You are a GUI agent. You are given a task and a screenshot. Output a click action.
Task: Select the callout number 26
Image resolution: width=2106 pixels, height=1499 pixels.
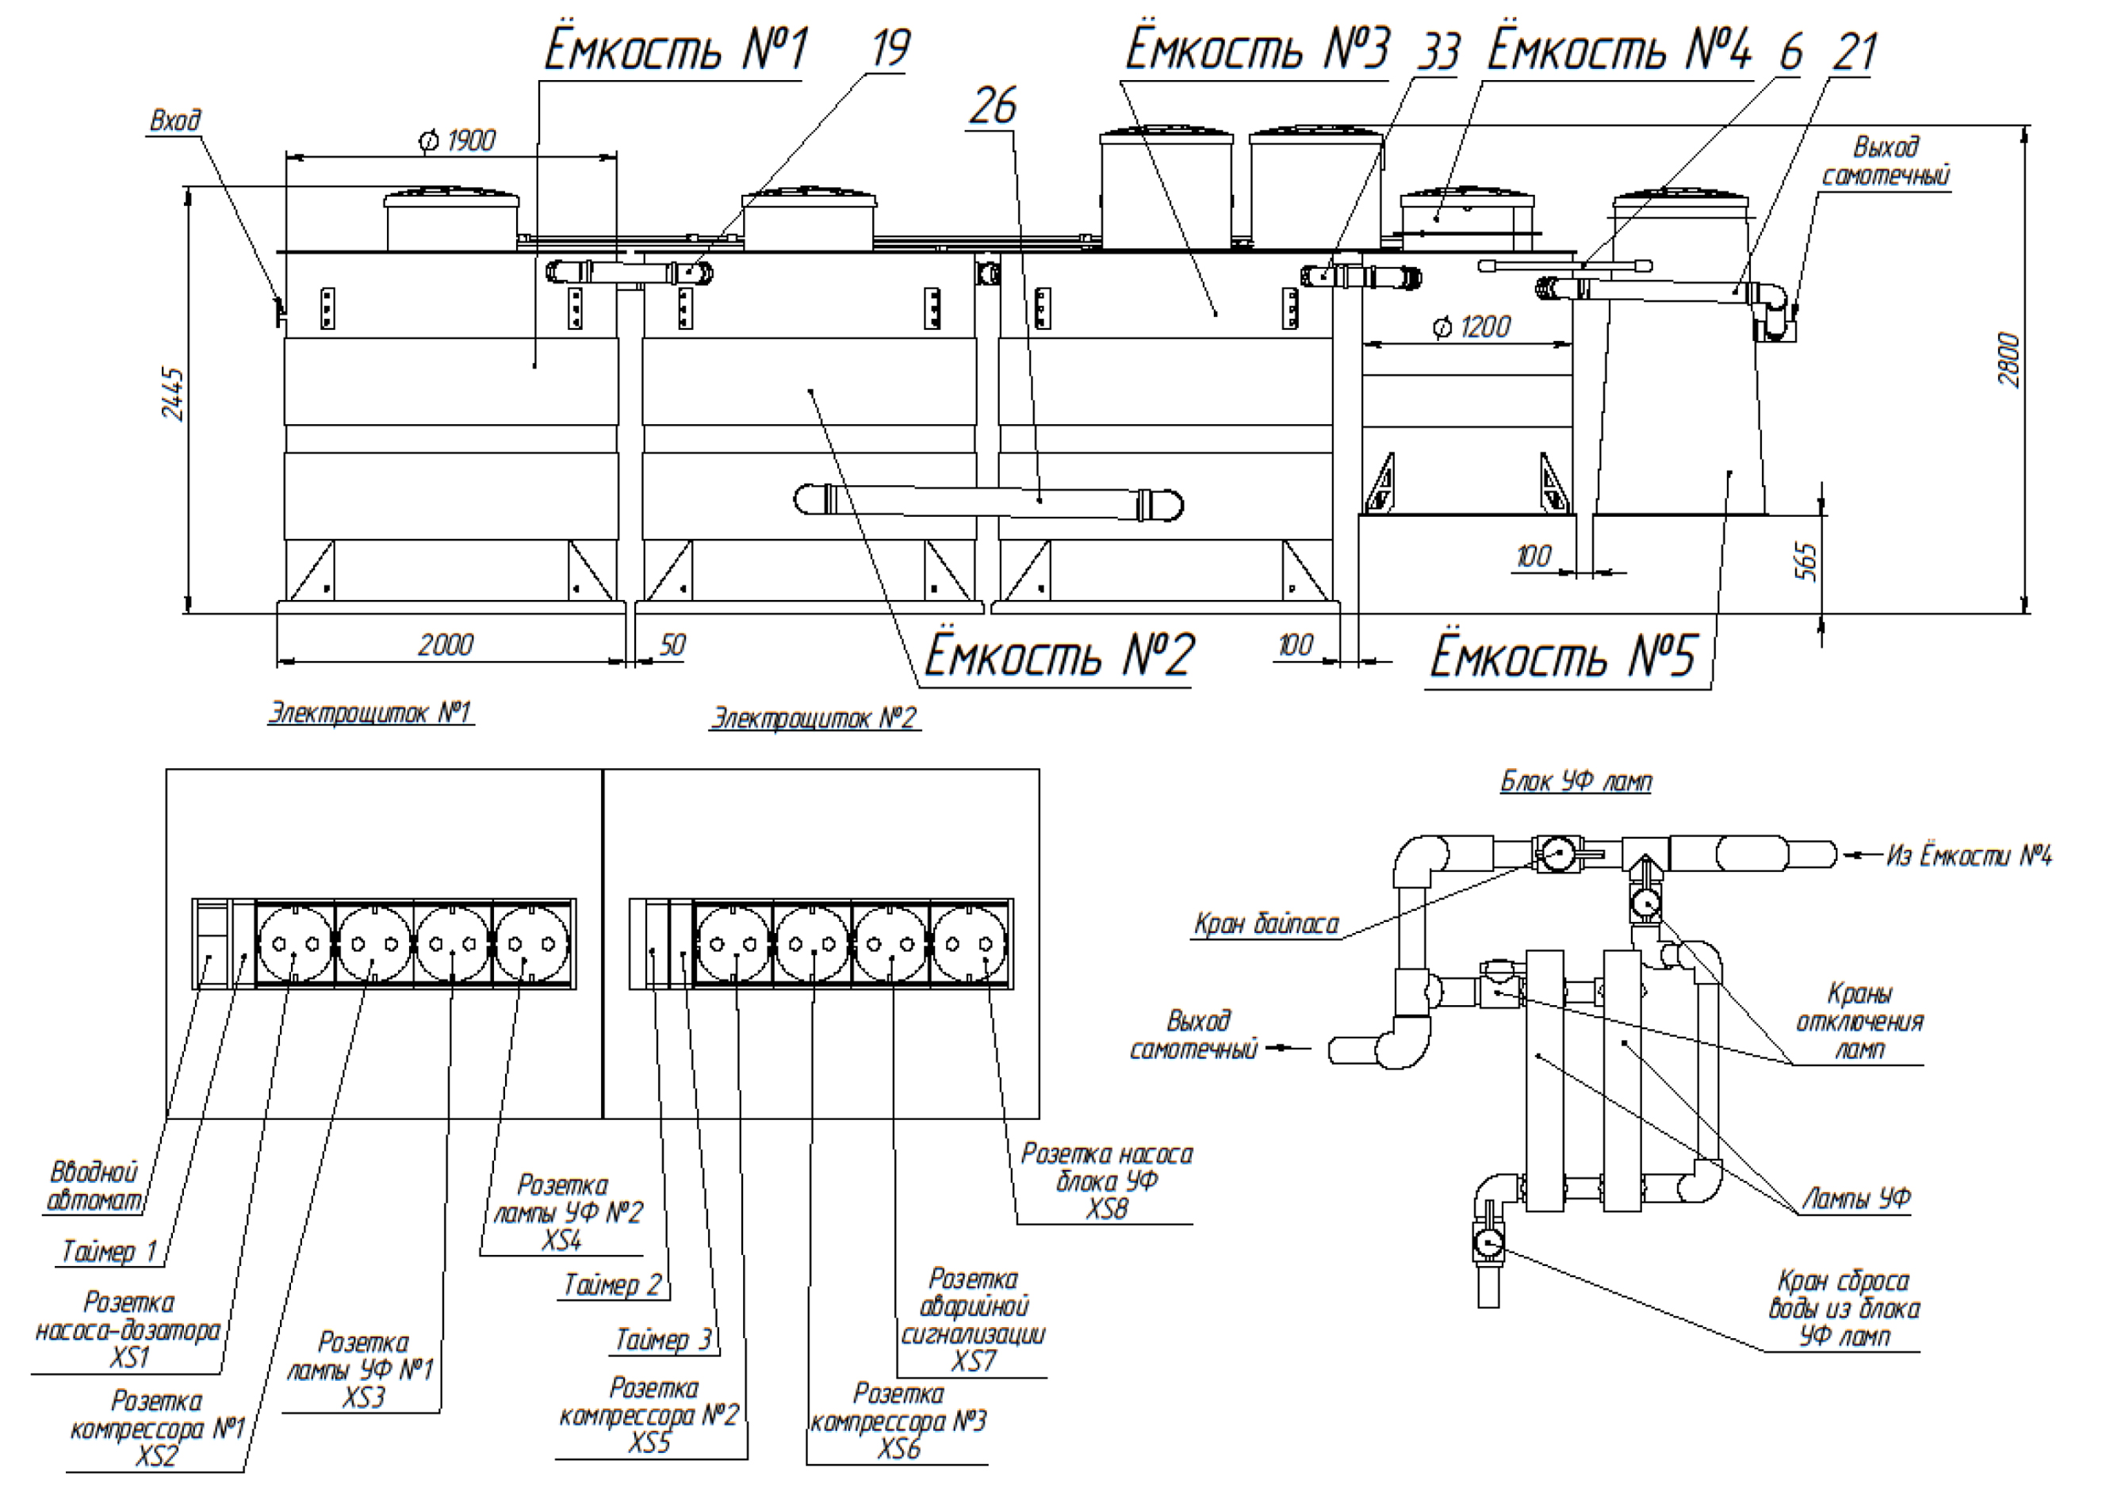point(993,106)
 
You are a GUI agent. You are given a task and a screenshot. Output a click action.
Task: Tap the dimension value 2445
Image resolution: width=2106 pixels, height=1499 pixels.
point(173,394)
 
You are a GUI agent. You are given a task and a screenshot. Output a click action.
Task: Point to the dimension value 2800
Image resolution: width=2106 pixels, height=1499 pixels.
point(2009,360)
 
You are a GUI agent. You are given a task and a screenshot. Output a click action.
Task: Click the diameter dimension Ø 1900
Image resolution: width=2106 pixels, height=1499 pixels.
point(458,141)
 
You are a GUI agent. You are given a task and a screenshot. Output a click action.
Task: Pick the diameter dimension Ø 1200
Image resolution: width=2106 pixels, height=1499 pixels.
point(1472,327)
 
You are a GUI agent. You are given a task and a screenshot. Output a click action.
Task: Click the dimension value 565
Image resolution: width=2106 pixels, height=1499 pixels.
point(1807,561)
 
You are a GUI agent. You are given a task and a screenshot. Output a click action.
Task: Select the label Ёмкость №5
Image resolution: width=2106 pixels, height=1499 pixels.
point(1563,656)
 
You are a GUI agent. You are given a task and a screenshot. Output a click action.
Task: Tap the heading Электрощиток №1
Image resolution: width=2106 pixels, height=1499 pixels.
point(370,713)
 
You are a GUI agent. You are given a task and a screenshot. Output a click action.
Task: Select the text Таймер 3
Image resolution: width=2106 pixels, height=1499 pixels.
point(663,1340)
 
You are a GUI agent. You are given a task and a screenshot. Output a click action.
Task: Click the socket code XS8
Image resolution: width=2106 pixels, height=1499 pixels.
point(1106,1208)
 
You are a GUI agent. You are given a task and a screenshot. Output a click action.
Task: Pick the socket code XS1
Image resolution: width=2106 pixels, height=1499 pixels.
point(129,1358)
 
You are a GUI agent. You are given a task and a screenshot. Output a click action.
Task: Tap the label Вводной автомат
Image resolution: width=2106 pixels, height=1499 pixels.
point(94,1186)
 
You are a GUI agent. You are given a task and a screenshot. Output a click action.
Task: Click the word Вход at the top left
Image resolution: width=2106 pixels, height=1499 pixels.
point(175,121)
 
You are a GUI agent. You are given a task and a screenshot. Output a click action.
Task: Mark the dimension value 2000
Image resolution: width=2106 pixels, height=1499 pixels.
point(445,644)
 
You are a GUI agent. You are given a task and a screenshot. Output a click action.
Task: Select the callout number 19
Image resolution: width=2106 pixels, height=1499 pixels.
point(889,49)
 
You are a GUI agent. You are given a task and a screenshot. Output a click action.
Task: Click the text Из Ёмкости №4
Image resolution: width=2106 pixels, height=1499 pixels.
point(1969,857)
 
